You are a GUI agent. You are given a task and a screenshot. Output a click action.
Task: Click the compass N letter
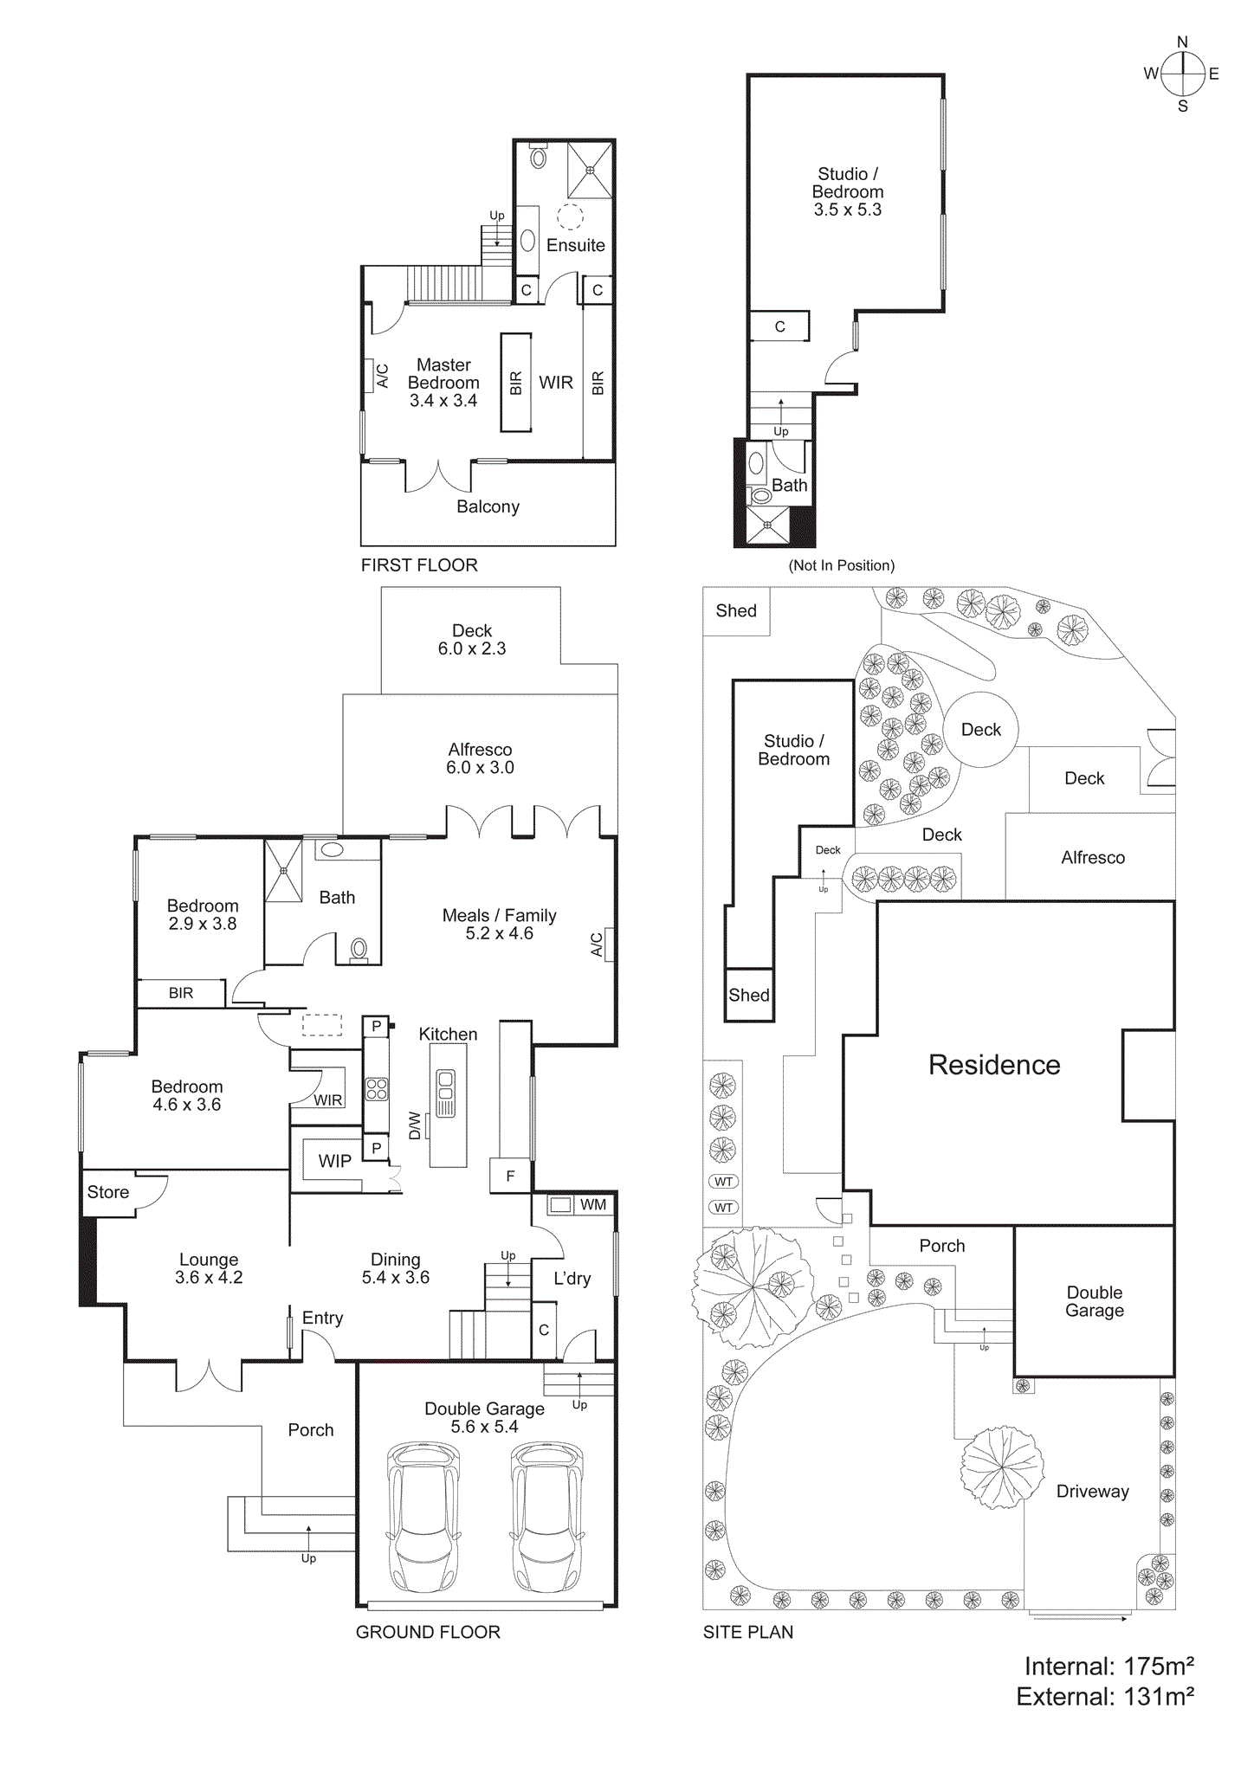1182,42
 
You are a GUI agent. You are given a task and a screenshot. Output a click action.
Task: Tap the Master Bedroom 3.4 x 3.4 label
443,383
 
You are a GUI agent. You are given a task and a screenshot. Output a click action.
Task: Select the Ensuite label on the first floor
575,245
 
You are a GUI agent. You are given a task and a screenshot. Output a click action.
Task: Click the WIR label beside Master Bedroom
556,382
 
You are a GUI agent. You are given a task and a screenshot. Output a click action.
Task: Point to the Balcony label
488,506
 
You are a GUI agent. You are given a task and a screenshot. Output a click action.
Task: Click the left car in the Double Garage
423,1517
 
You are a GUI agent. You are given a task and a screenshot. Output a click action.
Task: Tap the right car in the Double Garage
547,1517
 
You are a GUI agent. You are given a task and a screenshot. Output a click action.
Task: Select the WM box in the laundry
561,1204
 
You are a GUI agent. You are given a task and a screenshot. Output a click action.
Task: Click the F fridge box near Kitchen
510,1176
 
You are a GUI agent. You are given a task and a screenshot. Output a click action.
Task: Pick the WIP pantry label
334,1161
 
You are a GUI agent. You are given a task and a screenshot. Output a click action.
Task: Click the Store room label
108,1192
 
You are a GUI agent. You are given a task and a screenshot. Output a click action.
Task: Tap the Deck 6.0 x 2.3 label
472,640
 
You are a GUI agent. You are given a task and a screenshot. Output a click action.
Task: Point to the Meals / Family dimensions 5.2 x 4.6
499,933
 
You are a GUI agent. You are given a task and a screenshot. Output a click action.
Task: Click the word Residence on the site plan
994,1065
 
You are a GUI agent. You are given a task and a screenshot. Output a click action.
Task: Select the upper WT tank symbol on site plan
723,1182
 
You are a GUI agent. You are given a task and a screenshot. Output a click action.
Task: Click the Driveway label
1092,1491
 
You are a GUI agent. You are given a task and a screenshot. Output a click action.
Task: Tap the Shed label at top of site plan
736,610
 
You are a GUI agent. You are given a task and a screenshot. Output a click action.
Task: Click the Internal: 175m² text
1109,1667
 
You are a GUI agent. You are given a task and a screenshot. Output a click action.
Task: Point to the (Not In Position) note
841,565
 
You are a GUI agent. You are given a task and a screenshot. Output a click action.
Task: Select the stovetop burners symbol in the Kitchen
377,1088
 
